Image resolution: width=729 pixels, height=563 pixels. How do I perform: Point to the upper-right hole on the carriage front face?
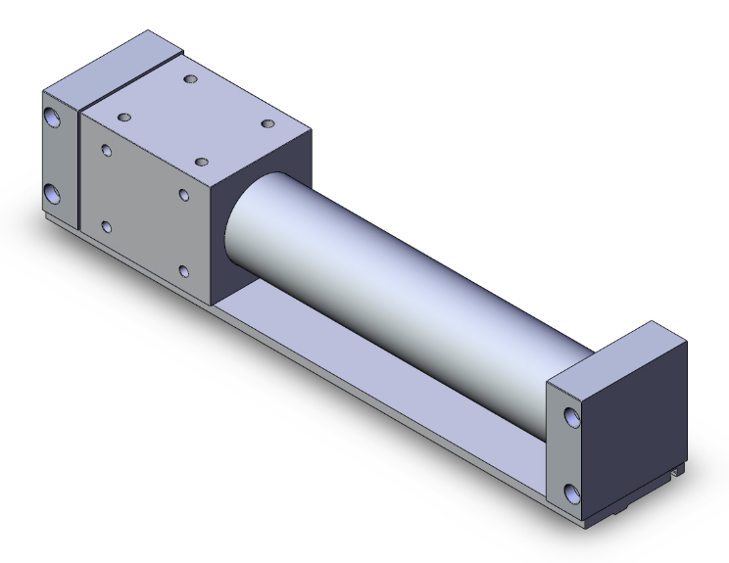183,195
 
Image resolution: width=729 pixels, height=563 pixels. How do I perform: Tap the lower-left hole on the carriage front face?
106,227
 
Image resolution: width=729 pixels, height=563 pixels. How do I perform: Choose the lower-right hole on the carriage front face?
183,269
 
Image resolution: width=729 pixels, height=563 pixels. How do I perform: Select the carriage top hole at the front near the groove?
123,117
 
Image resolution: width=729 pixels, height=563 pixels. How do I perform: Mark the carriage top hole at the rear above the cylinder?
267,123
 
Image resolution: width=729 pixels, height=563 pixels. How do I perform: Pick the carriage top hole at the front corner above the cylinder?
202,161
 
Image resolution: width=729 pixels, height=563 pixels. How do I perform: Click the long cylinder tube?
392,274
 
